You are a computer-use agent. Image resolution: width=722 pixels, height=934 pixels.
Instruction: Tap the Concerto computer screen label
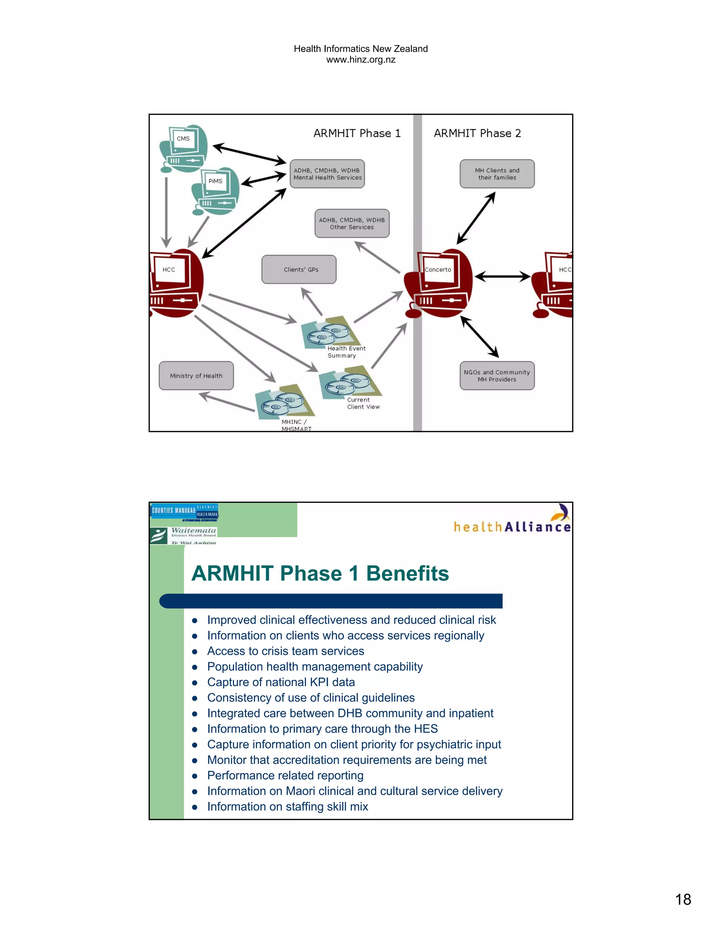pyautogui.click(x=438, y=270)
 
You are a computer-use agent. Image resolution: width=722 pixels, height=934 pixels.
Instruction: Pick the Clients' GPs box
pyautogui.click(x=299, y=269)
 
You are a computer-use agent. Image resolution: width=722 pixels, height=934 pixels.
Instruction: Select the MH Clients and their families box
pyautogui.click(x=497, y=174)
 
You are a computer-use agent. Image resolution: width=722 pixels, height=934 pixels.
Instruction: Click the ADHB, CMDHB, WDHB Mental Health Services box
pyautogui.click(x=327, y=174)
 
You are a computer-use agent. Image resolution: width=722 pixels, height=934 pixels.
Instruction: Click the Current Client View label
pyautogui.click(x=363, y=403)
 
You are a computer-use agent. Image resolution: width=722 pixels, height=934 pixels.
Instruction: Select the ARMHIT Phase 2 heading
pyautogui.click(x=477, y=134)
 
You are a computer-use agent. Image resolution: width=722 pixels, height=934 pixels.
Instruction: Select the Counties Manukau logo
pyautogui.click(x=184, y=511)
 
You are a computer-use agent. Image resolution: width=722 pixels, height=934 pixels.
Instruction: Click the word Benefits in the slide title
pyautogui.click(x=407, y=573)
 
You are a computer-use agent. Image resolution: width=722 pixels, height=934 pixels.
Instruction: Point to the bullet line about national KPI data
pyautogui.click(x=281, y=682)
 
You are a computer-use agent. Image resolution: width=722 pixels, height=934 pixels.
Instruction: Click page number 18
pyautogui.click(x=683, y=899)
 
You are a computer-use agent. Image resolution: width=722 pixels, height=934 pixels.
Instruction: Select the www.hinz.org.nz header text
pyautogui.click(x=361, y=60)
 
